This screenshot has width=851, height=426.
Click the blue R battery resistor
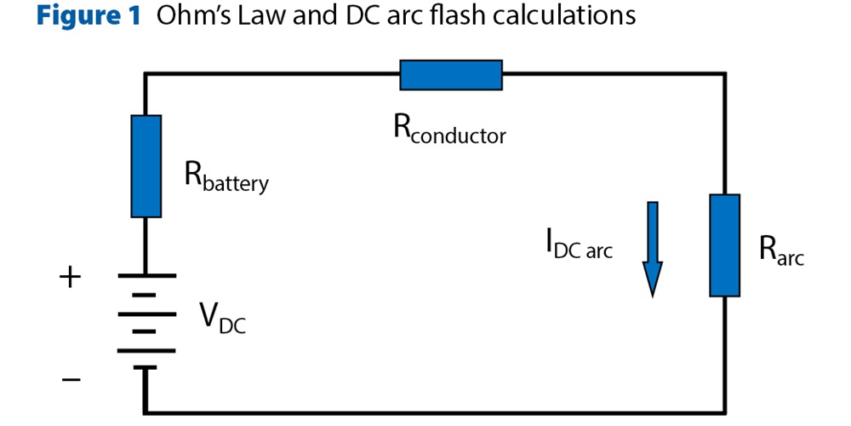(146, 166)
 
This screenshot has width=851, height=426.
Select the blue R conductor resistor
(451, 75)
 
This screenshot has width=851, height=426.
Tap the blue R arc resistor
(724, 245)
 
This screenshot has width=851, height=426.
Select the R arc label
(780, 250)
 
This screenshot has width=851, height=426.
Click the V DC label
(222, 317)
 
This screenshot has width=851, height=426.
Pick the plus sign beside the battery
(71, 277)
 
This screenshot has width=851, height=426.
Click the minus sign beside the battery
(71, 379)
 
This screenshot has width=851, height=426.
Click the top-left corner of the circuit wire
(146, 75)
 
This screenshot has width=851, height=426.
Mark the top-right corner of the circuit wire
(724, 75)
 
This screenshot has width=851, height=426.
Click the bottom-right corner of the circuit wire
(724, 413)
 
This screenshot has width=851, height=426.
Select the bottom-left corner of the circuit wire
(146, 413)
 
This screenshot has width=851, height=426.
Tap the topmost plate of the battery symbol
(146, 276)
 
